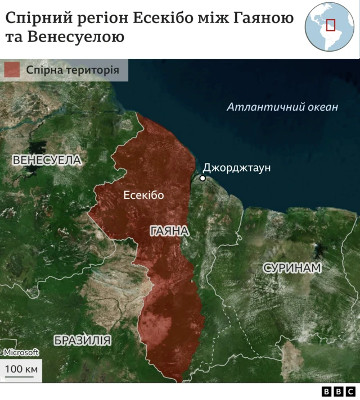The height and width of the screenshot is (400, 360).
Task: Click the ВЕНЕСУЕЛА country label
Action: click(47, 160)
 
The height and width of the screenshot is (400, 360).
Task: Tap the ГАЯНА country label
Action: click(169, 231)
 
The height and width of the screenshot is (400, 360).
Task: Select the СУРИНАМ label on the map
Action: click(292, 268)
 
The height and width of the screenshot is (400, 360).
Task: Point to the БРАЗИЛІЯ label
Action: click(82, 340)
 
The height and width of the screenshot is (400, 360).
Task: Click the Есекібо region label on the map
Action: click(143, 195)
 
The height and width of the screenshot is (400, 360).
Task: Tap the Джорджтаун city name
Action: click(237, 168)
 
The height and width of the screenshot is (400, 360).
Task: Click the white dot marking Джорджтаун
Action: click(202, 179)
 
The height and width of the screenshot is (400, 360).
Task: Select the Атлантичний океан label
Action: click(282, 107)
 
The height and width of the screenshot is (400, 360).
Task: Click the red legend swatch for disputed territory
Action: click(12, 70)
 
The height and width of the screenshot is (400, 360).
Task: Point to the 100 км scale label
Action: click(21, 369)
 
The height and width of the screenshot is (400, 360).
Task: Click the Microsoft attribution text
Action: click(21, 352)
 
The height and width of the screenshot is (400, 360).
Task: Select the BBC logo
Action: click(338, 392)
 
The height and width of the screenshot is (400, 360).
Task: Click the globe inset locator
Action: click(329, 26)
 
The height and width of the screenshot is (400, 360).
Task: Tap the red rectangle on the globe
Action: click(331, 25)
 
